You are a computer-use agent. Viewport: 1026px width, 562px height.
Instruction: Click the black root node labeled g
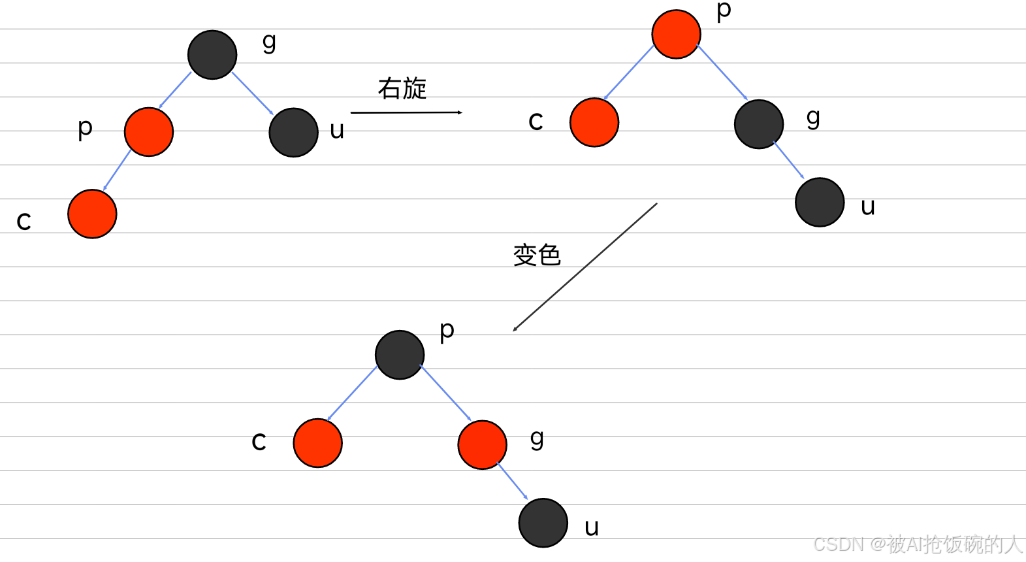coord(212,55)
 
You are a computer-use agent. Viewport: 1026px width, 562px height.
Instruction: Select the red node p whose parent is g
coord(149,132)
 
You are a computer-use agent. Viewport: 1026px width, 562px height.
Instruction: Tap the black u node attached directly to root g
coord(293,133)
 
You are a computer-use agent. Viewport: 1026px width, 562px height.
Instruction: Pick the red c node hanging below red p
coord(92,214)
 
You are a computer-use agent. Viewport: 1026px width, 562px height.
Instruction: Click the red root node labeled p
coord(676,34)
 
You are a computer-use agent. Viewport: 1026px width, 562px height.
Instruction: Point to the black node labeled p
coord(400,355)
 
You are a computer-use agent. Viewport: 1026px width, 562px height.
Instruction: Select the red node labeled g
coord(482,444)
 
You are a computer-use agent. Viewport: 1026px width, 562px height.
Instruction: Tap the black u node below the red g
coord(543,523)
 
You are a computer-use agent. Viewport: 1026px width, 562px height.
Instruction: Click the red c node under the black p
coord(317,443)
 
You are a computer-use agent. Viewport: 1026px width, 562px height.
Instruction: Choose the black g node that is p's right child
coord(758,124)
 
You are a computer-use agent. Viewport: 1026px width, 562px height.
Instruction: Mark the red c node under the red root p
coord(594,122)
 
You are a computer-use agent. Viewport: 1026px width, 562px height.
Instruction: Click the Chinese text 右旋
coord(402,88)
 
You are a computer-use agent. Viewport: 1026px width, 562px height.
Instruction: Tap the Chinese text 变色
coord(537,255)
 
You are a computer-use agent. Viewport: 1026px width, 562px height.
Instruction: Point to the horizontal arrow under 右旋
coord(406,112)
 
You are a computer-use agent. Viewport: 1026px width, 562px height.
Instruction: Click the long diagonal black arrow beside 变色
coord(585,267)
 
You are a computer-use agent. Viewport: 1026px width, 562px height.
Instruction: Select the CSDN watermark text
coord(918,544)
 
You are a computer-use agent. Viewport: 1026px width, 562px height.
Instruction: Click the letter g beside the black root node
coord(269,42)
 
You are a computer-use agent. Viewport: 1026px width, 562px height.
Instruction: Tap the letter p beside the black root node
coord(447,331)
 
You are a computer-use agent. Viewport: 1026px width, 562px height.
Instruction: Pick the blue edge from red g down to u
coord(513,482)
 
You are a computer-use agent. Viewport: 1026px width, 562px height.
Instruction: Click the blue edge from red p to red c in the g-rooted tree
coord(118,171)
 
